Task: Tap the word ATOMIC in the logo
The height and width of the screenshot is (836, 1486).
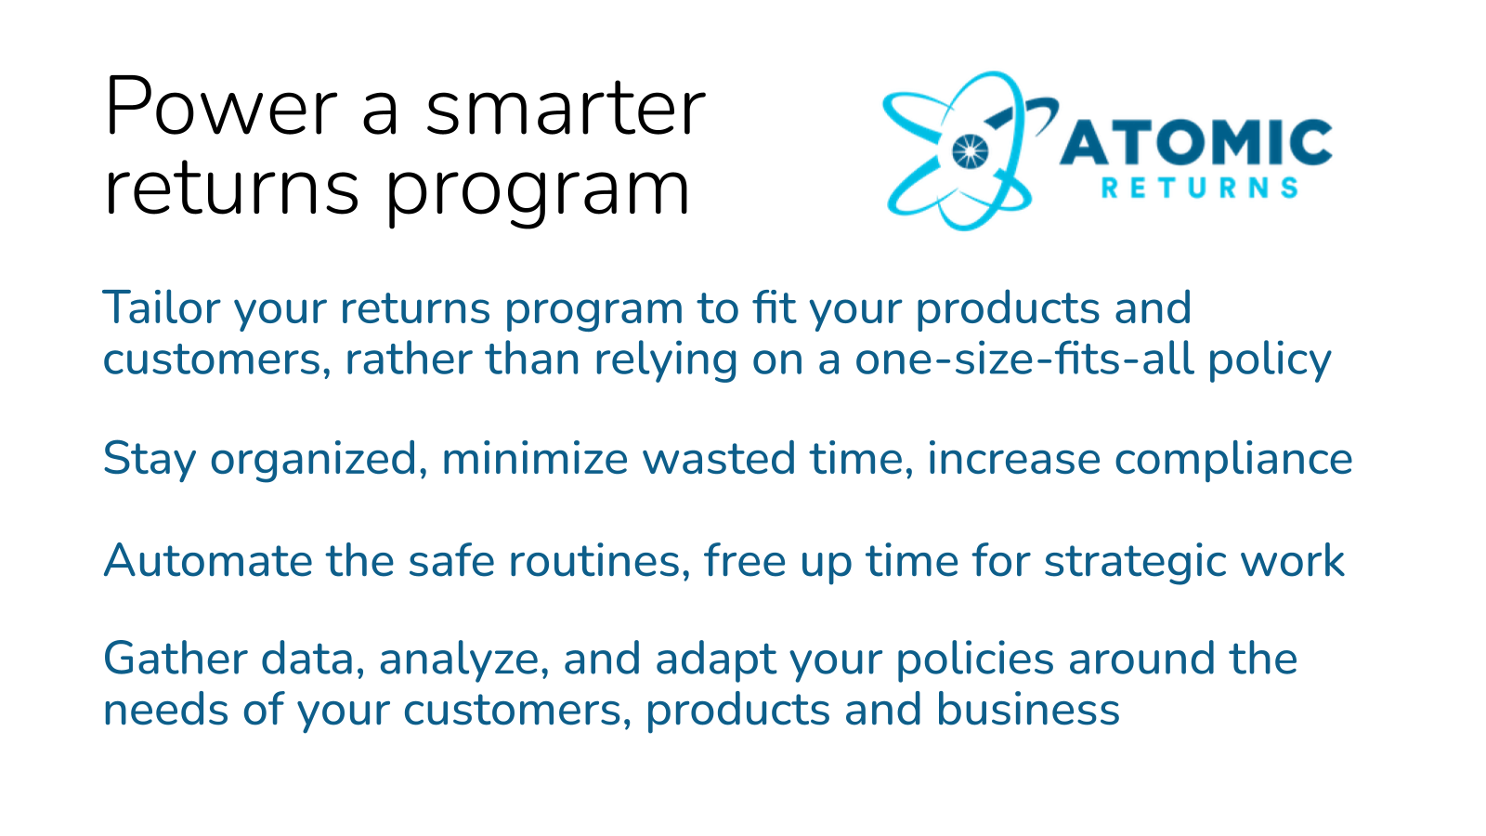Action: pos(1196,144)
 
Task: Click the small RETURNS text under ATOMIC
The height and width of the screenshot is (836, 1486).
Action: pos(1199,189)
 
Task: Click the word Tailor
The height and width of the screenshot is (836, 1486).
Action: pos(162,308)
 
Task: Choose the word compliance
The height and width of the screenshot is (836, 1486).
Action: pos(1233,460)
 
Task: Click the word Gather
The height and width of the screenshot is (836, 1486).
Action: pos(175,659)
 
